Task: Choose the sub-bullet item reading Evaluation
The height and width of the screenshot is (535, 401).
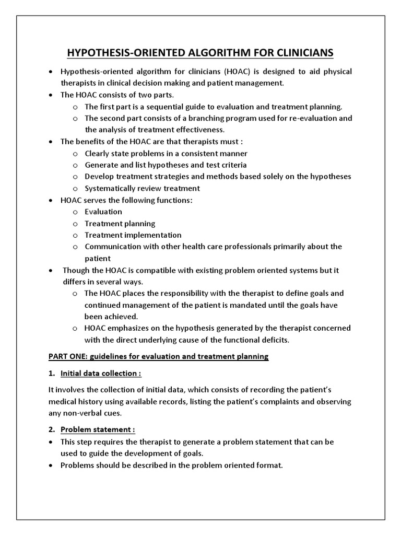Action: tap(103, 212)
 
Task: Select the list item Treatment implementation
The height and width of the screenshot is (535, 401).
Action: tap(133, 235)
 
